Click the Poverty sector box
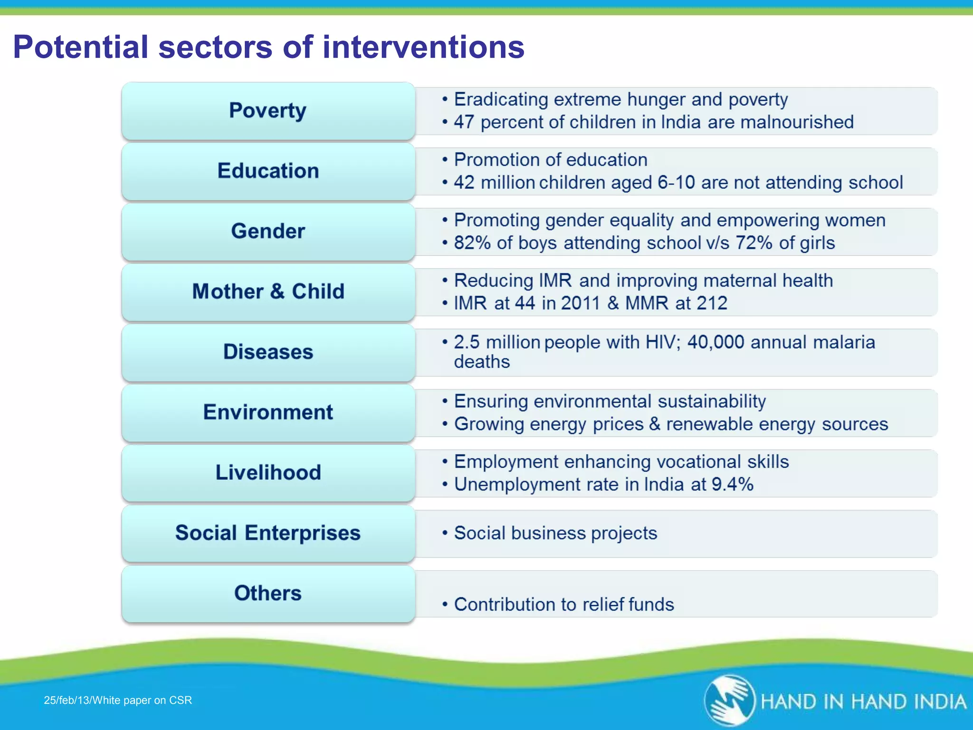268,111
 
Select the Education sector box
268,171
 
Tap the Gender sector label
268,231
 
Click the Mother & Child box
268,292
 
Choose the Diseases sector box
268,352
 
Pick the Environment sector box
268,413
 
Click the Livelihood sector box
268,473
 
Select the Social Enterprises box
268,533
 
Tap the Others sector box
268,594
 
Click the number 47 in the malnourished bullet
464,123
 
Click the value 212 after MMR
712,304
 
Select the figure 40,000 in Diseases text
715,343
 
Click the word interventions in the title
423,48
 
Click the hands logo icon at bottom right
729,701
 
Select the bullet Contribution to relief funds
563,605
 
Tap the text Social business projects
555,533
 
